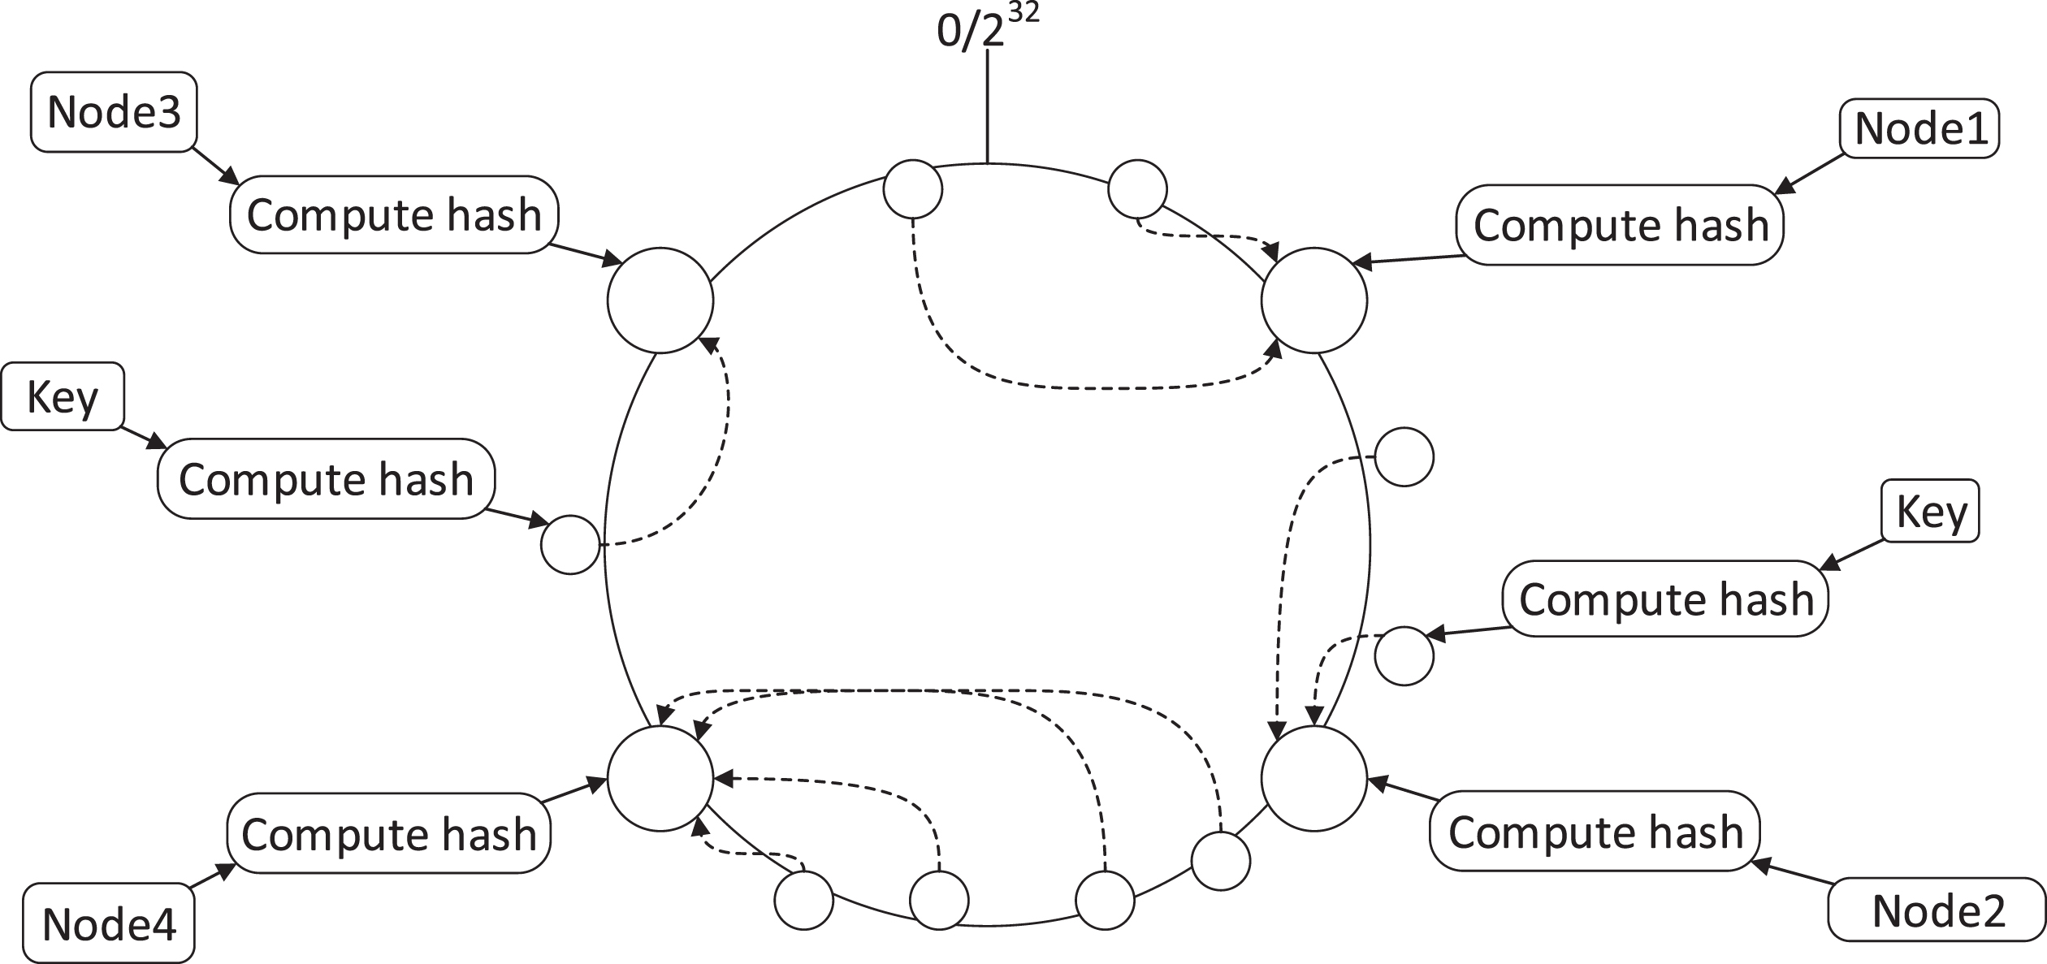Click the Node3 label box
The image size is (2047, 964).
point(115,111)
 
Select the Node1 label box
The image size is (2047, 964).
point(1920,128)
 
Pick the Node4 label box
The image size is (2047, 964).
point(110,924)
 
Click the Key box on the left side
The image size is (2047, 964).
point(63,396)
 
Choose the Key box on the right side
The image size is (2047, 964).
point(1931,511)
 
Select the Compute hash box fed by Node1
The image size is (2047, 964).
point(1621,225)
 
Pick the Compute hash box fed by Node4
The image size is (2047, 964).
point(389,834)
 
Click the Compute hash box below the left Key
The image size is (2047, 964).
point(327,478)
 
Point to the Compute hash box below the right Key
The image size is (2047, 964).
point(1666,599)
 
